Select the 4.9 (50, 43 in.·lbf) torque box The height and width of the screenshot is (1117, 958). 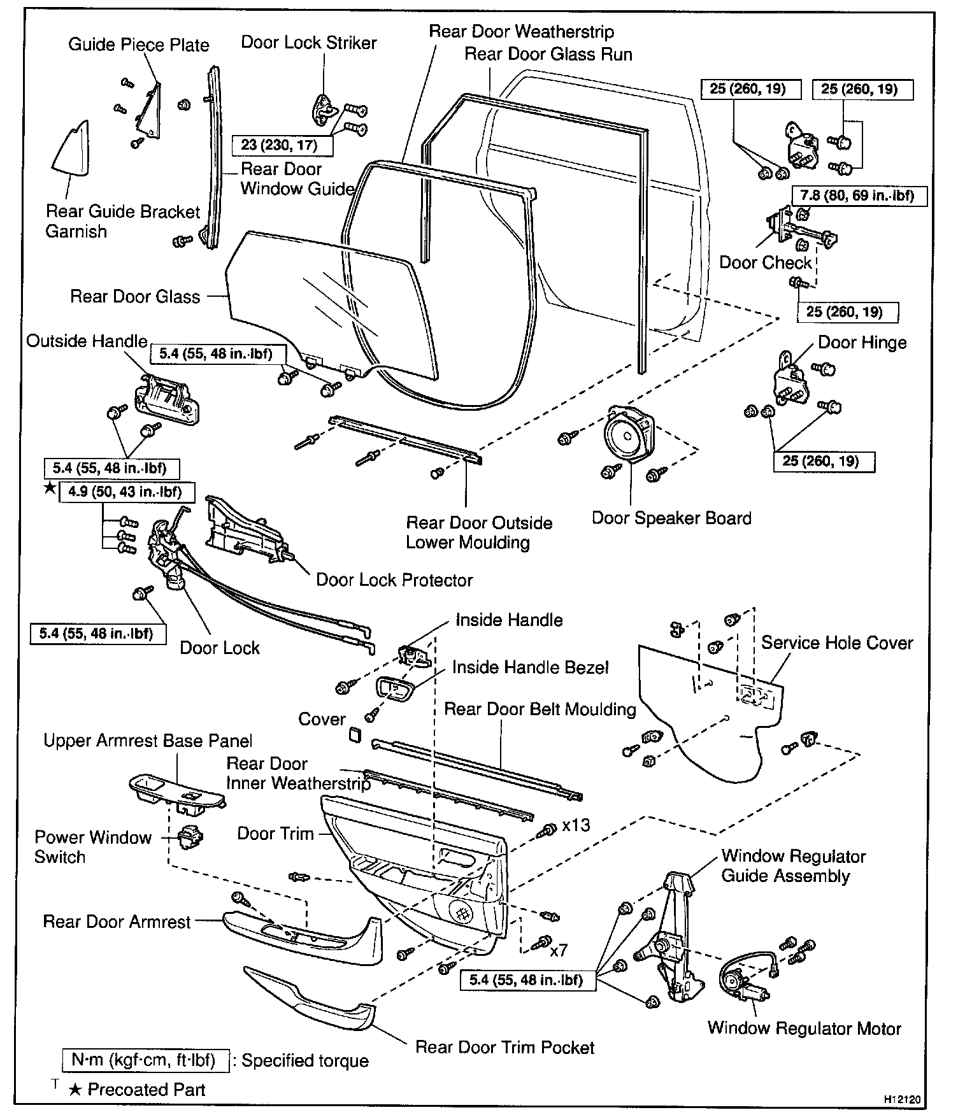(x=127, y=492)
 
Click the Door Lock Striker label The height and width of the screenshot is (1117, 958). (x=309, y=43)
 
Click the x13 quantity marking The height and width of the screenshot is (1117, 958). (x=576, y=825)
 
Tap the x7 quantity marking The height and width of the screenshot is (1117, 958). (x=558, y=951)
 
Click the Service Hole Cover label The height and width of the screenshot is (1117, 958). (x=837, y=643)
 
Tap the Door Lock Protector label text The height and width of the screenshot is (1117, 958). (x=394, y=580)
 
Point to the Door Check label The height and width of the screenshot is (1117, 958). (x=765, y=263)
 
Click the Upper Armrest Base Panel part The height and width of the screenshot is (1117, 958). (x=177, y=792)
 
